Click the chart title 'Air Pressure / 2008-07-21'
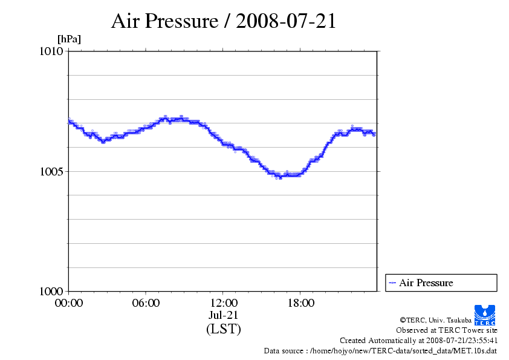(224, 22)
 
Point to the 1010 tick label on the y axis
(51, 51)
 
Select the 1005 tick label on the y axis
(51, 171)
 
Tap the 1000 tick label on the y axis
(51, 291)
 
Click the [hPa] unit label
(69, 39)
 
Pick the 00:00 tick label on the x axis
(69, 303)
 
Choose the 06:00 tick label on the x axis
(146, 303)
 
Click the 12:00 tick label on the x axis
(224, 303)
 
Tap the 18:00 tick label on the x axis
(301, 303)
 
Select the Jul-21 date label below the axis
(224, 315)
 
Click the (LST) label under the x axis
(224, 329)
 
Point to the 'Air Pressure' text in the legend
(426, 283)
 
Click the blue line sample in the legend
(392, 283)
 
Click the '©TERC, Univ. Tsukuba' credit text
(435, 319)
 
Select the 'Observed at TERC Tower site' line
(447, 330)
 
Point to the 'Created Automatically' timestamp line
(418, 340)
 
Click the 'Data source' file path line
(380, 350)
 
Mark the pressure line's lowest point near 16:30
(280, 177)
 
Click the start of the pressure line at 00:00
(70, 120)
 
